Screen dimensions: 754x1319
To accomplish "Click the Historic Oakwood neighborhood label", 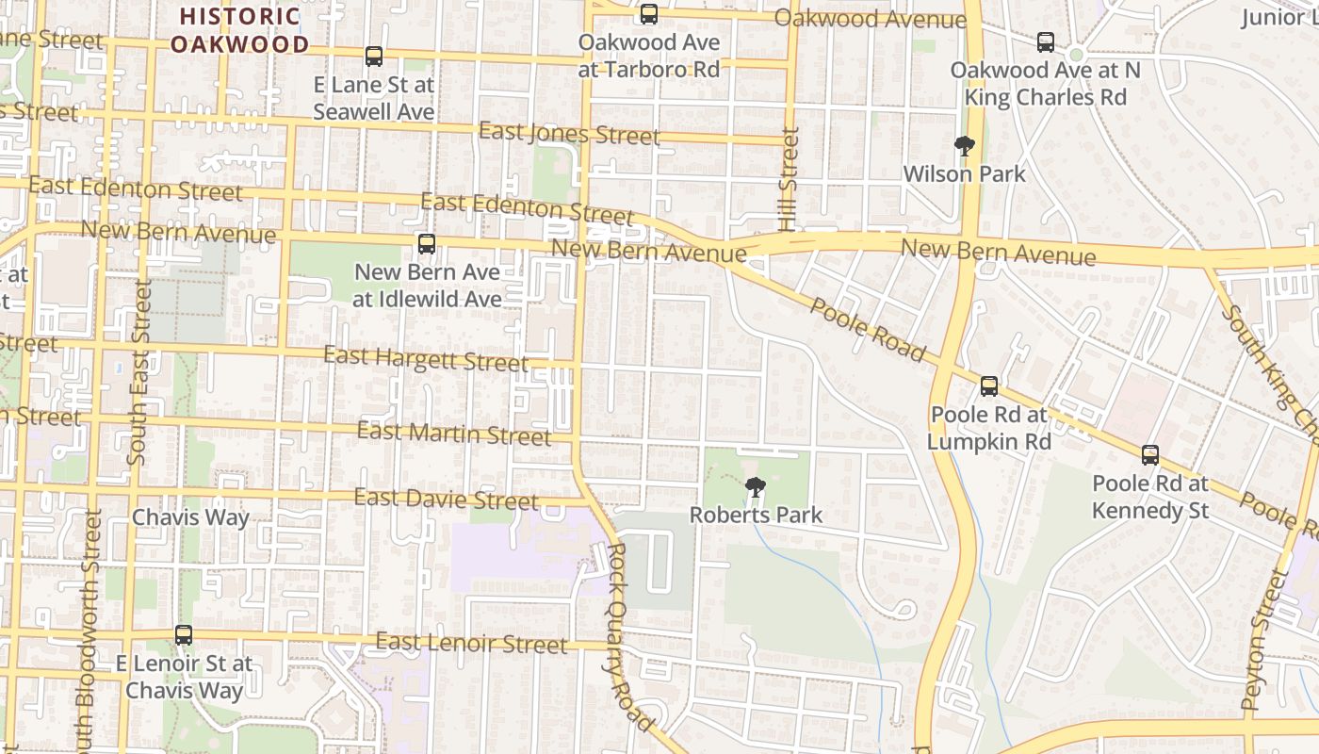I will click(x=239, y=30).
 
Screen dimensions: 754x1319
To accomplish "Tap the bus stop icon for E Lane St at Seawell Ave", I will click(x=374, y=57).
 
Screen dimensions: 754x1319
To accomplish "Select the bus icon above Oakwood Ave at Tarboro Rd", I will click(x=649, y=14).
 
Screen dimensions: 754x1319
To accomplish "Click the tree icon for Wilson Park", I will click(x=964, y=145).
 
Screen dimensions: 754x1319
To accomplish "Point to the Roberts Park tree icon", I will click(x=755, y=487).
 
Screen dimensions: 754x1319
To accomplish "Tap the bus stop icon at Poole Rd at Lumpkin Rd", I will click(x=988, y=385).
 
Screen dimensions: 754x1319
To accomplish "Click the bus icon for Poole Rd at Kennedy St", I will click(x=1149, y=455).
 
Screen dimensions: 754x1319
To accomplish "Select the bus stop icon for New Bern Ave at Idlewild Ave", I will click(x=427, y=244).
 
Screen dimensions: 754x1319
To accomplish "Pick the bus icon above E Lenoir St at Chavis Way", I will click(x=184, y=635).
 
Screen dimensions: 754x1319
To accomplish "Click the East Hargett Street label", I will click(x=426, y=358).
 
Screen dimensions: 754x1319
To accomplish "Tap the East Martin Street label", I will click(x=454, y=434).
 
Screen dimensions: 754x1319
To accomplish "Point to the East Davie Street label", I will click(x=447, y=499).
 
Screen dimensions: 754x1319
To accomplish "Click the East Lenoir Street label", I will click(x=471, y=644).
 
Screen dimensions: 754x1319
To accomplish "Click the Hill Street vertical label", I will click(x=789, y=179).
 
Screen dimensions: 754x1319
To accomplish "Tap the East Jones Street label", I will click(x=569, y=134).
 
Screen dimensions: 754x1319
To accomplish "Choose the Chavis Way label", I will click(x=190, y=517).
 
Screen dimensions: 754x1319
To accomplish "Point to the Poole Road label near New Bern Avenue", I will click(x=868, y=330).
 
